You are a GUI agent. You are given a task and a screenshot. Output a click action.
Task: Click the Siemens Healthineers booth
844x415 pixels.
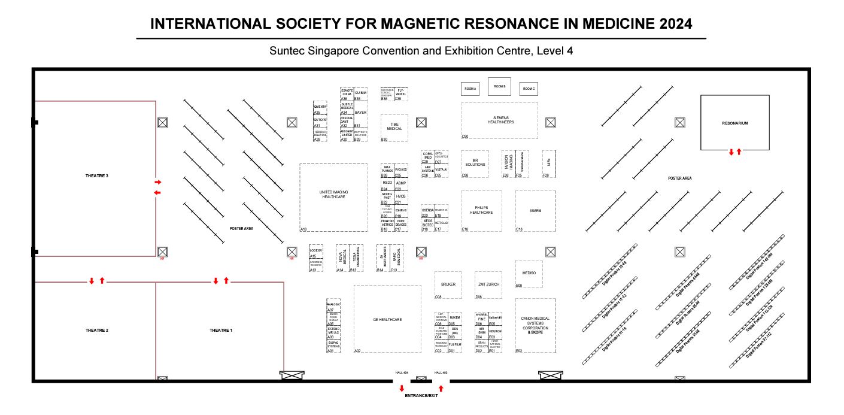(499, 120)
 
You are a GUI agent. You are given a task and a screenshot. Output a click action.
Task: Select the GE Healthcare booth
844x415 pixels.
(387, 319)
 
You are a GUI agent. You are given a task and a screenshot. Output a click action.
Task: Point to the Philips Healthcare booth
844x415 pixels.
(481, 210)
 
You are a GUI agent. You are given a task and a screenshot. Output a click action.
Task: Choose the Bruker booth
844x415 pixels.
(448, 284)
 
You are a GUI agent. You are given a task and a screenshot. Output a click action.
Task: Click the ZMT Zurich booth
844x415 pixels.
(489, 284)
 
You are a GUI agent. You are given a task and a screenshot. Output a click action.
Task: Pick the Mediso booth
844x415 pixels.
(529, 273)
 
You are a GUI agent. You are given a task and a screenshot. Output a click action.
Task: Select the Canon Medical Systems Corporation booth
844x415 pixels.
(535, 325)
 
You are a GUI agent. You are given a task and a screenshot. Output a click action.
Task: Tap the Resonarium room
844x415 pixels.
(734, 123)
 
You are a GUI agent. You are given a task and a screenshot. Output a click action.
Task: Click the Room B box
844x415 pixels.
(499, 86)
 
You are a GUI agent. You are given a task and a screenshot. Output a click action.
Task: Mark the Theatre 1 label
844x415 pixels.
(220, 331)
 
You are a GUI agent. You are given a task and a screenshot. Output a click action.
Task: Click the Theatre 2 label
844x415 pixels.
(96, 331)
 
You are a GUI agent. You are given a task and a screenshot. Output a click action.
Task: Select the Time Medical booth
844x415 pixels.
(394, 127)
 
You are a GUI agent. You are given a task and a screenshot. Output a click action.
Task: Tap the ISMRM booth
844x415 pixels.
(535, 210)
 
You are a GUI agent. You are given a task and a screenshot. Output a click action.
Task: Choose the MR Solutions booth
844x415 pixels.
(475, 163)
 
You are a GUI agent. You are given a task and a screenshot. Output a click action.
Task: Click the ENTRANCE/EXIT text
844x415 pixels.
(421, 396)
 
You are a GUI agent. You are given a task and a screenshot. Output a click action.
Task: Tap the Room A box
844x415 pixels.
(470, 89)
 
